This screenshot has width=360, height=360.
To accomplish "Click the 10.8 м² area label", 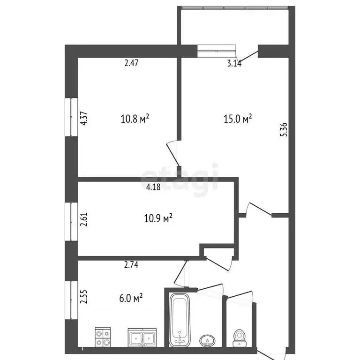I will [x=135, y=119].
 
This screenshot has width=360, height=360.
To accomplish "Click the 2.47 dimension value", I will [x=132, y=63].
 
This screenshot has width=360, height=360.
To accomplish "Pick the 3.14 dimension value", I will [x=234, y=64].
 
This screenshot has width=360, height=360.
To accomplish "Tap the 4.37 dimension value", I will [x=84, y=117].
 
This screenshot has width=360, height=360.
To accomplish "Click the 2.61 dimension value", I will [x=84, y=219].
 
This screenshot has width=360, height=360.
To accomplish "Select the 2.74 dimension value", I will [x=132, y=265].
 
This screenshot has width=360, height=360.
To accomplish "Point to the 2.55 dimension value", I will [x=84, y=297].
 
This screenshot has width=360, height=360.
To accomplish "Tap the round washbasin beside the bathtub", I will [x=206, y=339].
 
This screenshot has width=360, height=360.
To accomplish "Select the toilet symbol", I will [x=239, y=337].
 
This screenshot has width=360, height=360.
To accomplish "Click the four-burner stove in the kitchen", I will [x=102, y=336].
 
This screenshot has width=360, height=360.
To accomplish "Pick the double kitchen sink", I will [x=142, y=337].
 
